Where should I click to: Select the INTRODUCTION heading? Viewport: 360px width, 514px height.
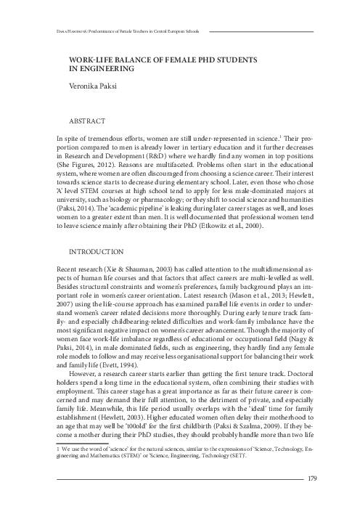[95, 251]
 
